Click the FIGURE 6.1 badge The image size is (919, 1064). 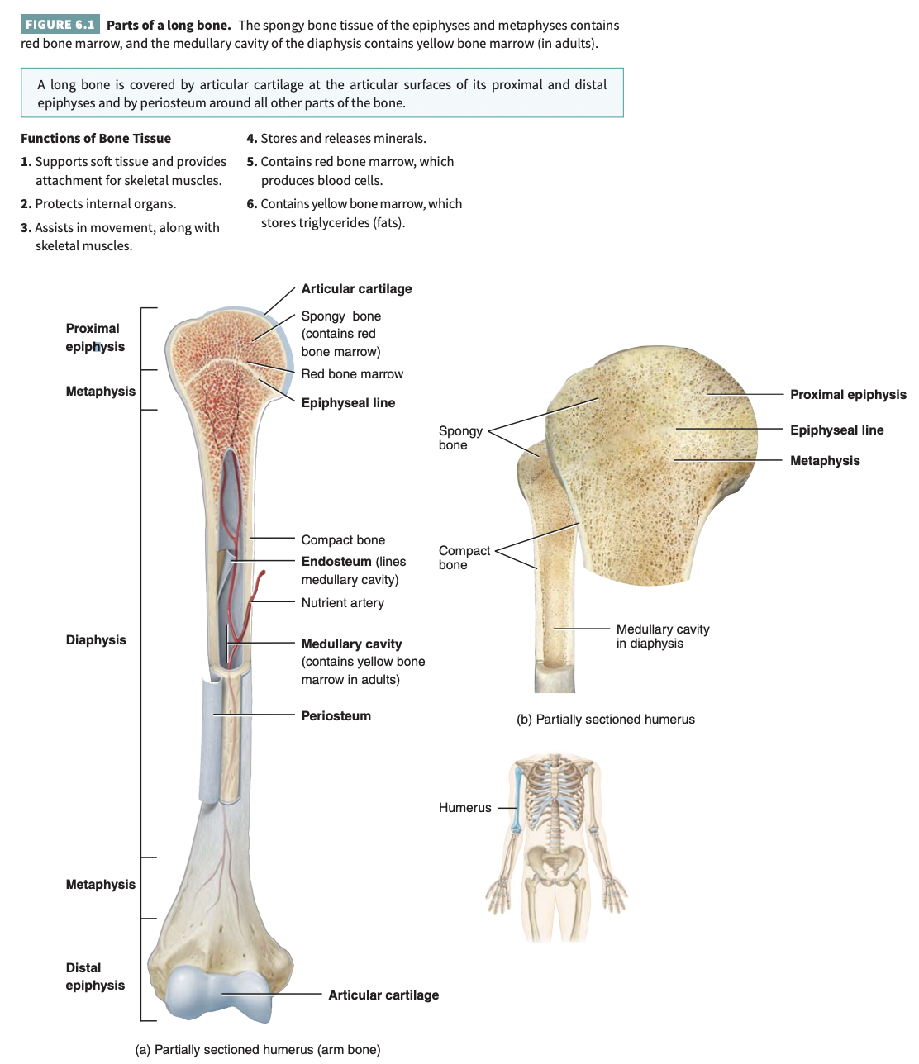pos(60,25)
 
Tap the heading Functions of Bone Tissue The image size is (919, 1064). pos(96,138)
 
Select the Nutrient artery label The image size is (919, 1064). pos(342,602)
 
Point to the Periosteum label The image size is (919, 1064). pos(336,715)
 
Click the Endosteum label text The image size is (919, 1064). pos(336,561)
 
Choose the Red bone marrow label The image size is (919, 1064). pos(352,373)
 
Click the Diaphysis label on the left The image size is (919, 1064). pos(96,639)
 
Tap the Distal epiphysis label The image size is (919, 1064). pos(95,976)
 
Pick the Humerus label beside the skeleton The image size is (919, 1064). pos(464,807)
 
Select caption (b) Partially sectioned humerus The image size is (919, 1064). pos(606,719)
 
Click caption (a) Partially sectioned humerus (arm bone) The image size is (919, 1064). pos(258,1049)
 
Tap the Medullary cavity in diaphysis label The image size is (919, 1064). pos(662,636)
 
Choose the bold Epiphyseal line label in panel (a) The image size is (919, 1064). pos(348,402)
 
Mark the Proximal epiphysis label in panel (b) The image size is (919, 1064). pos(848,394)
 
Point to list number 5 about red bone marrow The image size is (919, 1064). pos(350,170)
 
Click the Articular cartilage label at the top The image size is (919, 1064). pos(356,288)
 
